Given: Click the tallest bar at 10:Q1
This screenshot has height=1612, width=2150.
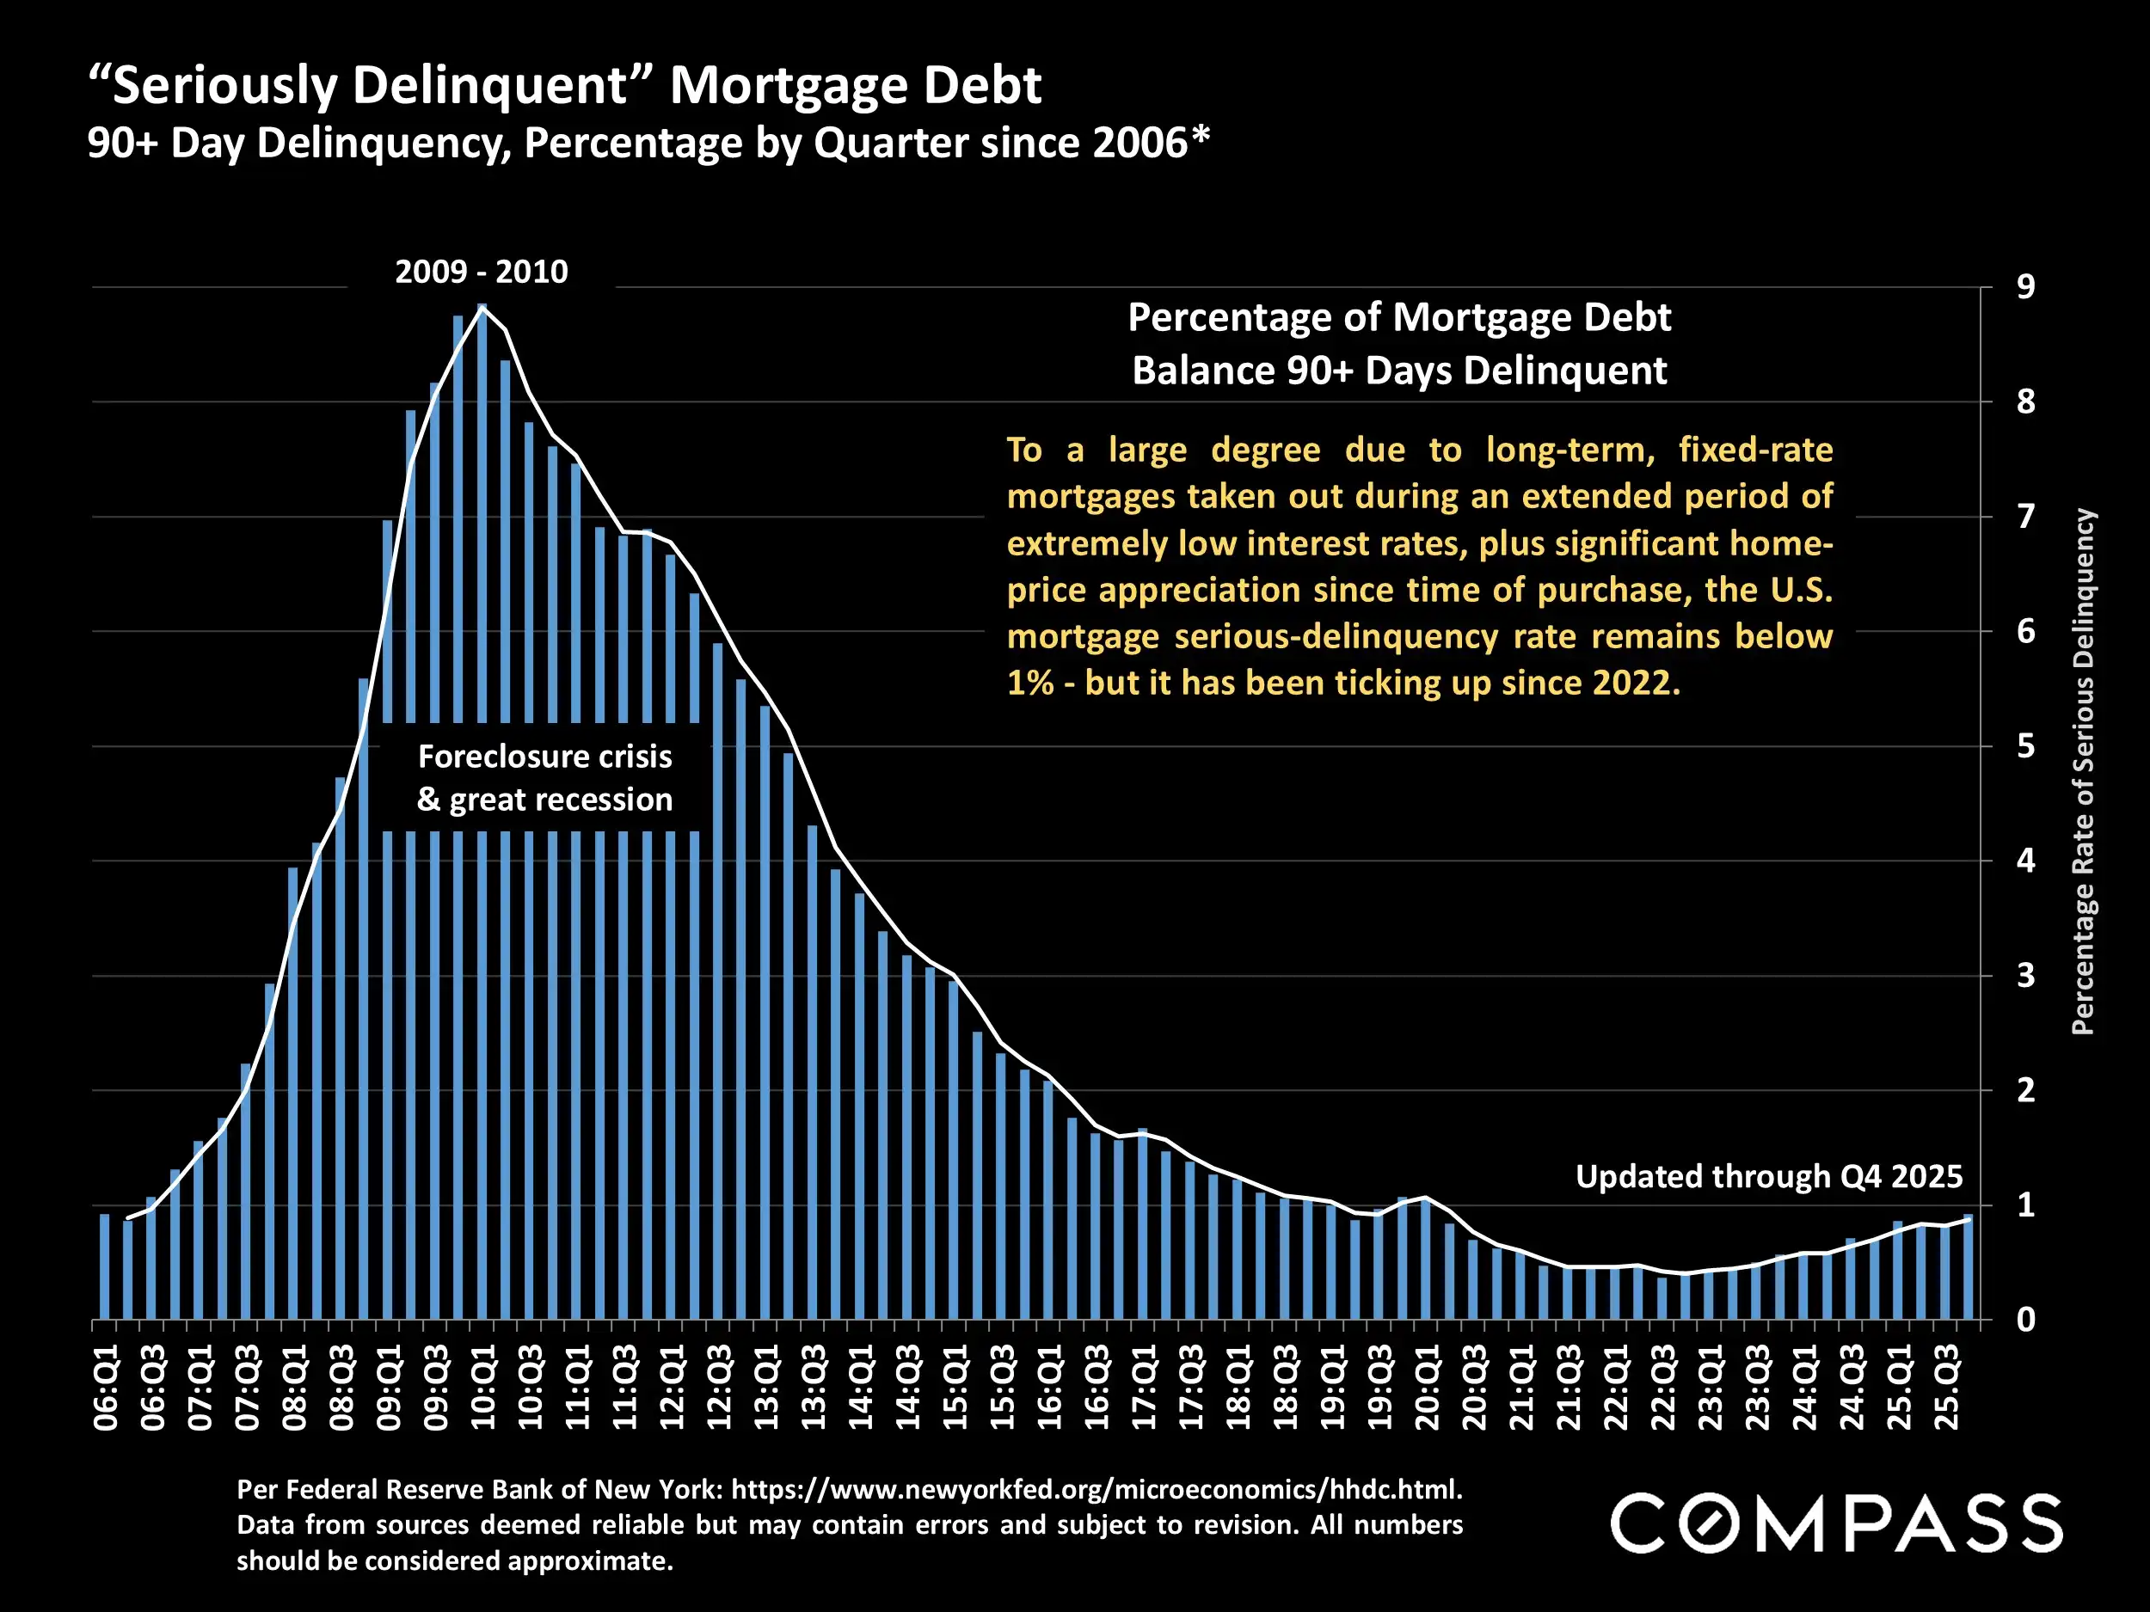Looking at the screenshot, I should (482, 583).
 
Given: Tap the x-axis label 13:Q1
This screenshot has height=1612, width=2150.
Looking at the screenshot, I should (767, 1388).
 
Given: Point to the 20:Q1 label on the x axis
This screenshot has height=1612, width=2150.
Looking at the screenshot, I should (1427, 1388).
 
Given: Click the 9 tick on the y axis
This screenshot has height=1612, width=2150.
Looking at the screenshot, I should (2025, 288).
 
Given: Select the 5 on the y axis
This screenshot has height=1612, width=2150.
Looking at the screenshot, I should (2025, 746).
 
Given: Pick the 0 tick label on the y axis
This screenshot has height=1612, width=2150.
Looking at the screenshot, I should (2025, 1321).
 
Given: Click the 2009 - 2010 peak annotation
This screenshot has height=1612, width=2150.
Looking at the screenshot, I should (481, 272).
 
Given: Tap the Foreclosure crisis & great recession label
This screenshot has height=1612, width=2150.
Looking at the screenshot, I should (544, 777).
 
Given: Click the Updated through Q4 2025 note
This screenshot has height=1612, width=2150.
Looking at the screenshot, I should (1769, 1177).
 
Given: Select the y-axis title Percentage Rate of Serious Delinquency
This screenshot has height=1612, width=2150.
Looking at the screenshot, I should (2083, 773).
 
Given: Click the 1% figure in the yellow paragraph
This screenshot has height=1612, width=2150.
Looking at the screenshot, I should (1030, 683).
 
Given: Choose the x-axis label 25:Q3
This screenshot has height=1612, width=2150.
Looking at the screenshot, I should (1946, 1388).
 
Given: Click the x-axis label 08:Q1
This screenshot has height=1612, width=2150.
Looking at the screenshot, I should (294, 1388).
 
